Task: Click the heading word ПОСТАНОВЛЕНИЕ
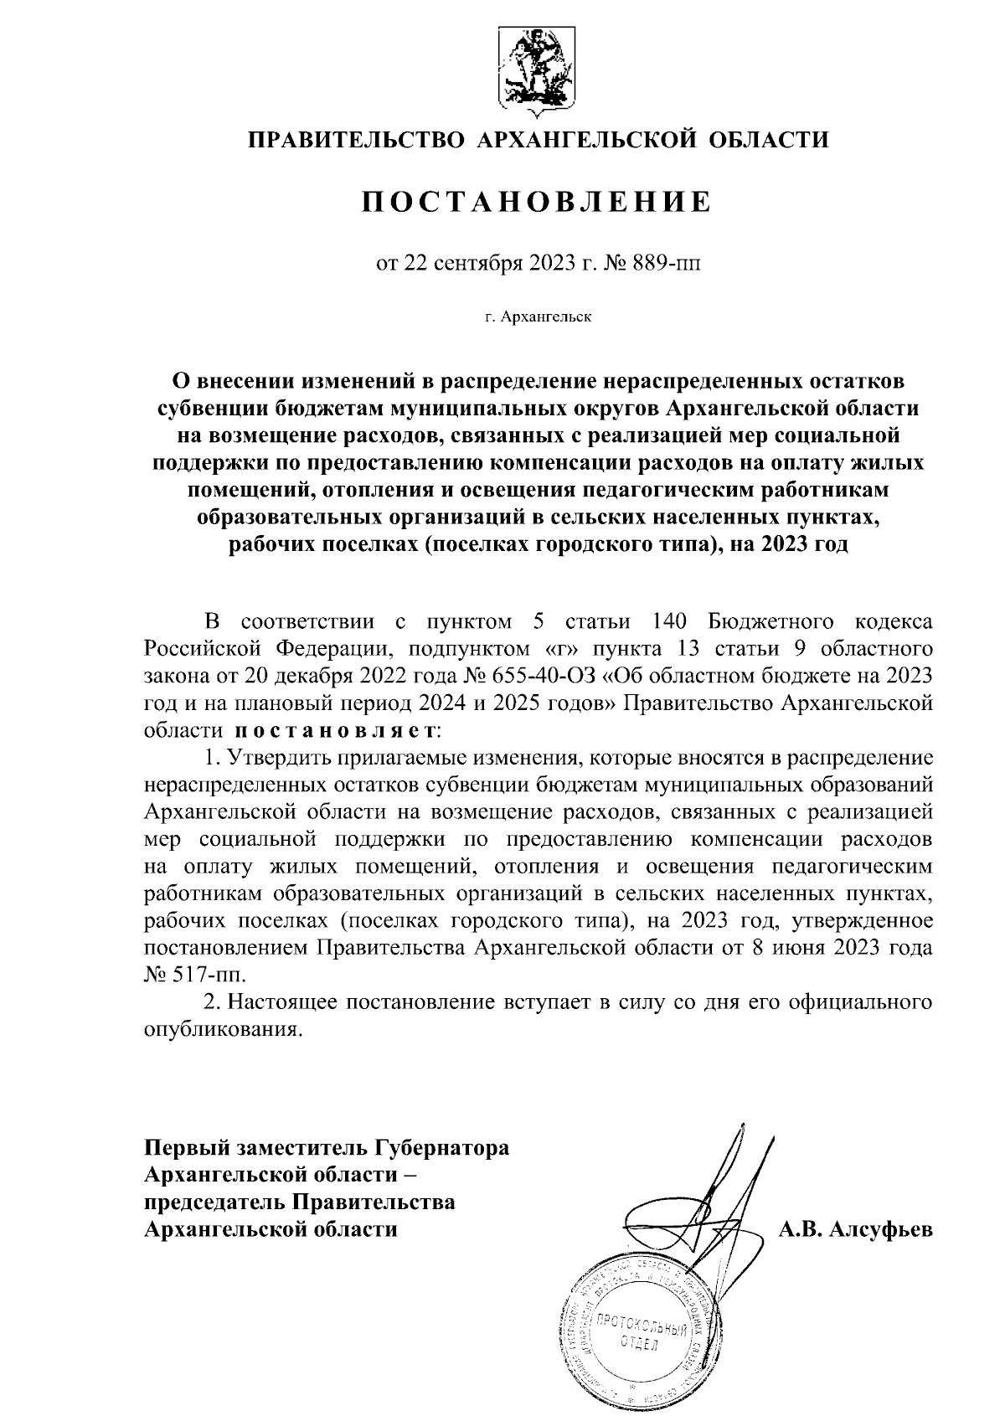tap(537, 202)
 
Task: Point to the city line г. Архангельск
tap(537, 317)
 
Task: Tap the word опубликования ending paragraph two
tap(222, 1029)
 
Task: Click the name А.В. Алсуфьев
tap(855, 1228)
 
